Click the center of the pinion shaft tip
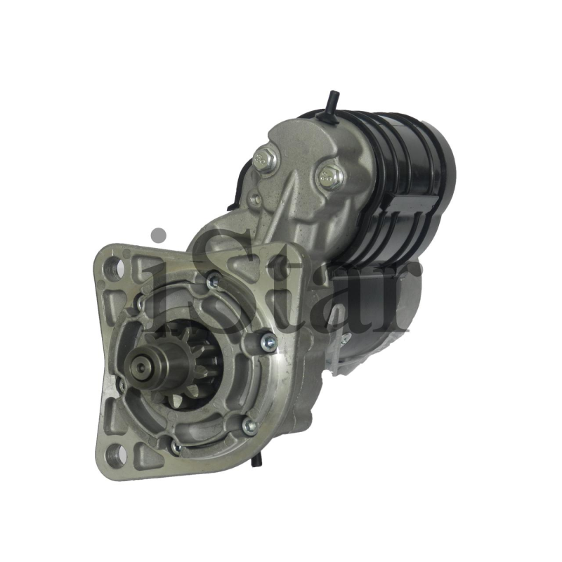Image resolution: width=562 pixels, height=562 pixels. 141,367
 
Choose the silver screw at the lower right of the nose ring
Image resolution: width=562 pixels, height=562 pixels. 249,426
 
